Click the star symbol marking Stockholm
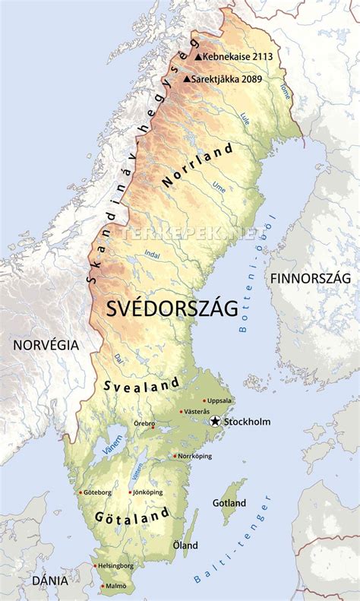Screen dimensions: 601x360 pos(216,422)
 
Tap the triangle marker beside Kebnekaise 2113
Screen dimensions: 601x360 pos(198,56)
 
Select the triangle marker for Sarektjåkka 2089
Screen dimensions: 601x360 pos(187,78)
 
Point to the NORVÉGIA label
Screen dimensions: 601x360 pos(45,344)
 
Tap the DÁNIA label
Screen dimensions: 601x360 pos(50,580)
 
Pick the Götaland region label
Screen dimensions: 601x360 pos(131,517)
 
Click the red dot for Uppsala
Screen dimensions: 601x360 pos(204,400)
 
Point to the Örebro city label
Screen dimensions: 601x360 pos(144,423)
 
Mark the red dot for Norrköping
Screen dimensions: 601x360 pos(174,456)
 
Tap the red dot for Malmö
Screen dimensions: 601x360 pos(105,586)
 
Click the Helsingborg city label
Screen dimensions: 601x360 pos(115,566)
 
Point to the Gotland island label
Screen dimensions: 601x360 pos(229,503)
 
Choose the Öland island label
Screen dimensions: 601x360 pos(185,545)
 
